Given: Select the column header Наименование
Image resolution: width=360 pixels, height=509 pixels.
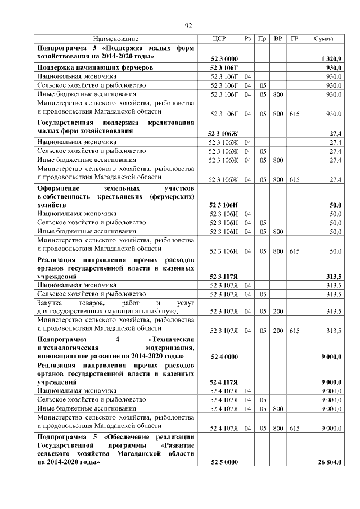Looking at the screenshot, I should [x=116, y=38].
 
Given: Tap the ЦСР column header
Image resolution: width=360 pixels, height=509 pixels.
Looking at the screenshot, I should [x=219, y=38].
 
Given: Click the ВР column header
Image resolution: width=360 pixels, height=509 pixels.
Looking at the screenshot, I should [x=278, y=38].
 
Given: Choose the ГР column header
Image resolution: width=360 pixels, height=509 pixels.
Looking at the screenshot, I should [x=294, y=38].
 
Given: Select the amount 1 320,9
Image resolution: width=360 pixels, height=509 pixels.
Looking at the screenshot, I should [x=330, y=58].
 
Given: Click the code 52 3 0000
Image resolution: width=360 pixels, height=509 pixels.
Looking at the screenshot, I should [x=224, y=58].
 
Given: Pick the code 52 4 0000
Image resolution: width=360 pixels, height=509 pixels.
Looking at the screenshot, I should [x=224, y=357].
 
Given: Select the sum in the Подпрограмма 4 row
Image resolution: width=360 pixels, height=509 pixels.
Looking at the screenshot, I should [x=331, y=357].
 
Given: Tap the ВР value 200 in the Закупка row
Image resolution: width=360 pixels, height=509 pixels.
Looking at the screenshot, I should [x=278, y=311].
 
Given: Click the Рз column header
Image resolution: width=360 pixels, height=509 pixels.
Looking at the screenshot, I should [x=248, y=38].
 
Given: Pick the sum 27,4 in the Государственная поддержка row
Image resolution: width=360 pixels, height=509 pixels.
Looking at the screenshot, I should [x=335, y=133].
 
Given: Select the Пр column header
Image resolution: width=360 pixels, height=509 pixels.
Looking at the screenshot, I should [x=262, y=38].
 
